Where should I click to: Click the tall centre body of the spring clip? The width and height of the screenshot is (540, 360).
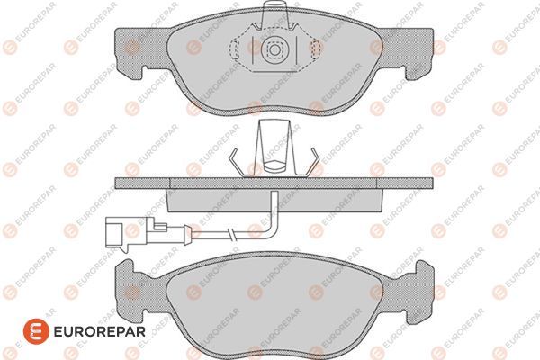[272, 144]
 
